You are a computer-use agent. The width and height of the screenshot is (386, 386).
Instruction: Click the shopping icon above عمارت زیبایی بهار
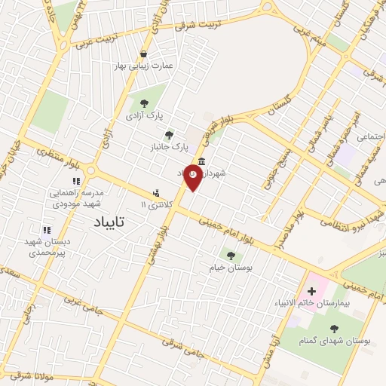point(143,54)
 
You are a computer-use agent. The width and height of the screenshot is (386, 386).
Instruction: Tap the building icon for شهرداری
point(201,161)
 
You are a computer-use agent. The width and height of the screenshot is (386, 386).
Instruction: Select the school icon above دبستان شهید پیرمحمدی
point(47,230)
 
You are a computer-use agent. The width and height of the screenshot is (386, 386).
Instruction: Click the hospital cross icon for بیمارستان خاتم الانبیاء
point(311,291)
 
